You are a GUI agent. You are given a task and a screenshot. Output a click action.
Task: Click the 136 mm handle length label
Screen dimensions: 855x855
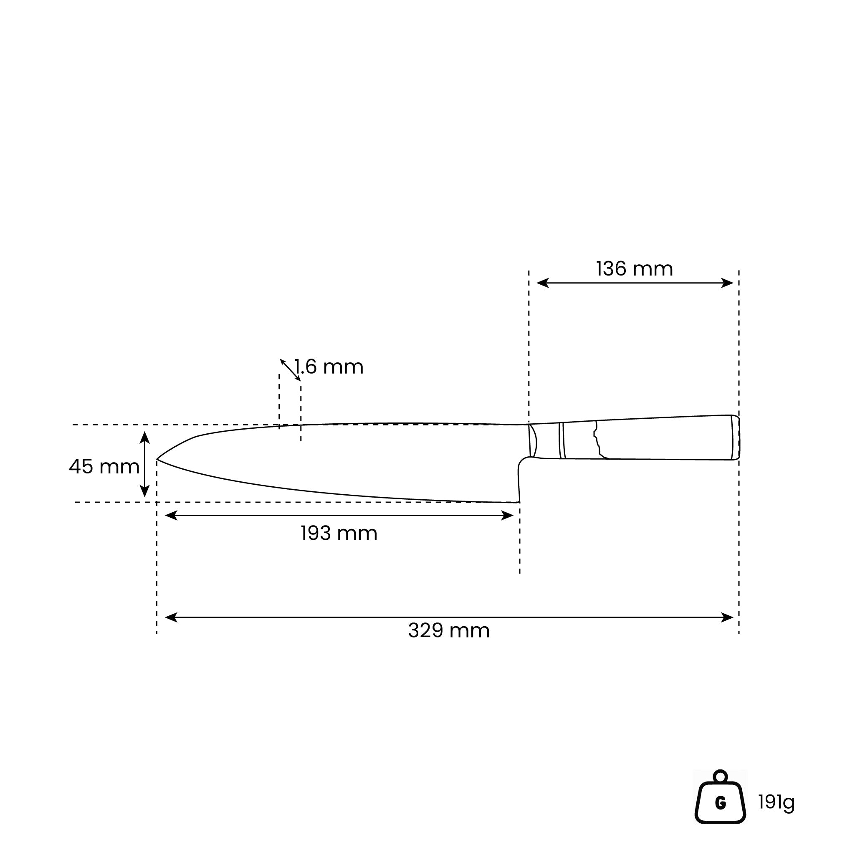(x=634, y=269)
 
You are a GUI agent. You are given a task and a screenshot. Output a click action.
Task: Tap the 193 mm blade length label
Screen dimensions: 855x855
(x=339, y=533)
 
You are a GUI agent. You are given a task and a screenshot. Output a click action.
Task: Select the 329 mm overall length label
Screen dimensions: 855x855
(x=449, y=631)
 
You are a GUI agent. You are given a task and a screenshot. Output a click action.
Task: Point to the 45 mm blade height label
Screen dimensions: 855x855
(x=104, y=466)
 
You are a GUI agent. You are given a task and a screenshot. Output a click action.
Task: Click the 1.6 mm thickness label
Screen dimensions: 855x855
(x=329, y=367)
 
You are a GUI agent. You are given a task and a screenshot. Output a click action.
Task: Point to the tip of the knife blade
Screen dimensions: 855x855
(x=157, y=460)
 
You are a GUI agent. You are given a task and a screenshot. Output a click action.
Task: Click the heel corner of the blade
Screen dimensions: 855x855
(x=519, y=502)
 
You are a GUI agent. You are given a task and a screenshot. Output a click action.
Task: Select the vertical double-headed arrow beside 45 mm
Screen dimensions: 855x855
(x=145, y=464)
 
